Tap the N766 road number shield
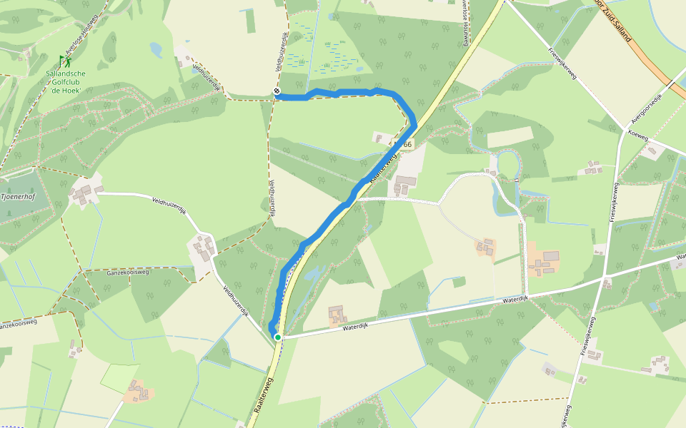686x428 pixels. coord(404,145)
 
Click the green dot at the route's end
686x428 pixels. coord(277,337)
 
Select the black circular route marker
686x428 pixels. coord(277,91)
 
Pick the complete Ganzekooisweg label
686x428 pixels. coord(126,272)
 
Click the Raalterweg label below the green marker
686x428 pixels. coord(263,398)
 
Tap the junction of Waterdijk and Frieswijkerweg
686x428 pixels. coord(605,276)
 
